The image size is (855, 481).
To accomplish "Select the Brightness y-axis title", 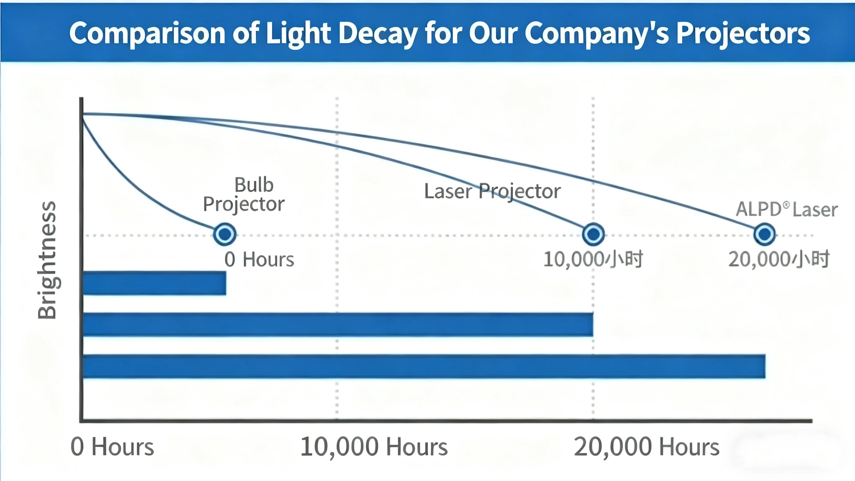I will point(47,260).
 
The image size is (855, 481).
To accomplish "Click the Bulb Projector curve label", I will point(244,194).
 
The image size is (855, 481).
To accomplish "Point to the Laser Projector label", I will point(492,191).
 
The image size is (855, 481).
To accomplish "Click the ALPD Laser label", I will point(787,210).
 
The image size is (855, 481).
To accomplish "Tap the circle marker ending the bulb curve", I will point(225,234).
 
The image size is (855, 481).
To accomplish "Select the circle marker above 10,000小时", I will point(593,234).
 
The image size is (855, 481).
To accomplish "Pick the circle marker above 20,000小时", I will point(764,234).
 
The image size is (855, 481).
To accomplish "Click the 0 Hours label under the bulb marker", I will point(259,259).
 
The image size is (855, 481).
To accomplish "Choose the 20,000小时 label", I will point(779,259).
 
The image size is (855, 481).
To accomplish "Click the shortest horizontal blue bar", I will point(155,283).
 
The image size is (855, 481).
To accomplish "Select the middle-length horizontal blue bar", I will point(338,325).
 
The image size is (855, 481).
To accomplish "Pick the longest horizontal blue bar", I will point(424,366).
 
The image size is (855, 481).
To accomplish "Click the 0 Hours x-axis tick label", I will point(112,447).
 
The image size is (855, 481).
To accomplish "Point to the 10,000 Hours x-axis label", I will point(374,447).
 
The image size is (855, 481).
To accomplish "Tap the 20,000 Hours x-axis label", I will point(646,447).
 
